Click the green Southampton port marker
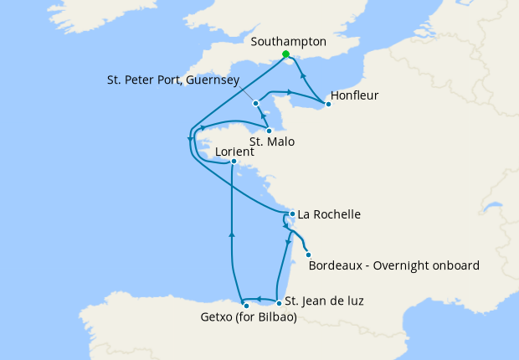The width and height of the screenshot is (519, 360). click(x=285, y=54)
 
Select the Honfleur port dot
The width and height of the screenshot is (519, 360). click(x=327, y=105)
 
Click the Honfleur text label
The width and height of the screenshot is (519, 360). click(x=355, y=95)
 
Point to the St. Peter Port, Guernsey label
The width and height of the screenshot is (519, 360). click(x=173, y=80)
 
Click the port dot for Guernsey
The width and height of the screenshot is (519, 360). click(x=255, y=103)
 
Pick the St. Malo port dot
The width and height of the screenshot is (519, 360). click(x=269, y=131)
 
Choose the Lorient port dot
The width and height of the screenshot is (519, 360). click(x=234, y=162)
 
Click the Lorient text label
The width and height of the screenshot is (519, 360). click(x=235, y=152)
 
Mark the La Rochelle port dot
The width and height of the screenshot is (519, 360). click(x=291, y=213)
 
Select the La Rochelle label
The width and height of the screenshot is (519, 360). click(x=330, y=214)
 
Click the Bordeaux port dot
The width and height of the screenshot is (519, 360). click(x=309, y=255)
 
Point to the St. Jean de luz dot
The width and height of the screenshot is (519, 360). click(x=278, y=301)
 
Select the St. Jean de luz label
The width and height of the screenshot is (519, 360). click(x=324, y=301)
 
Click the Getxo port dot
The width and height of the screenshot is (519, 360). click(x=246, y=306)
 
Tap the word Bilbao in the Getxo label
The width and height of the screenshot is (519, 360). click(x=278, y=317)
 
